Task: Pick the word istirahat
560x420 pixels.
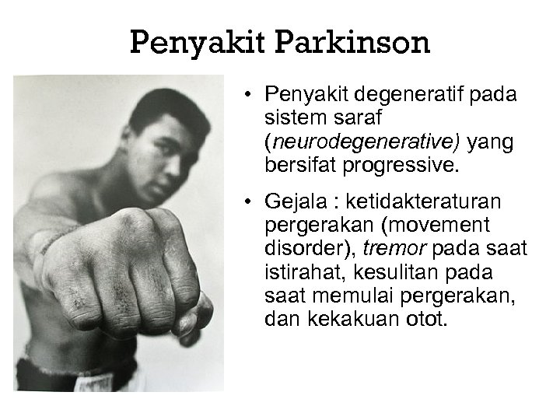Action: tap(299, 272)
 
